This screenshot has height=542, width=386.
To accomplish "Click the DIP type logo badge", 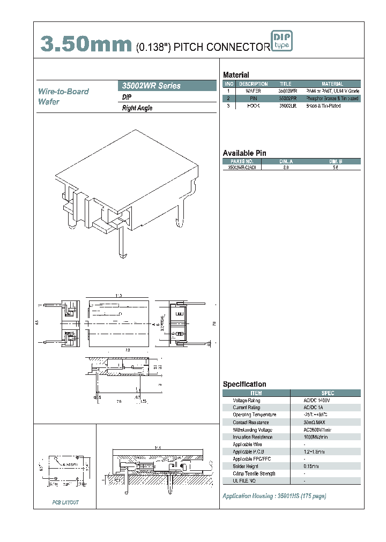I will tap(282, 41).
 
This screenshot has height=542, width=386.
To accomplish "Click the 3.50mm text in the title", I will tap(86, 45).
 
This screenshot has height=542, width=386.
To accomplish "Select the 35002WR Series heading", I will tap(152, 86).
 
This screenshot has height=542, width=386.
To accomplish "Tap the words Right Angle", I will tap(137, 108).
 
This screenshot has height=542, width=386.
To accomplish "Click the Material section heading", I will tap(236, 75).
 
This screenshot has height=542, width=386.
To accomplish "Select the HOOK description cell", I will tap(253, 106).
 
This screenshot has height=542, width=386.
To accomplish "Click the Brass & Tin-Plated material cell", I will tap(323, 106).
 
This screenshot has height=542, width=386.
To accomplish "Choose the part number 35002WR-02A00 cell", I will tap(242, 168).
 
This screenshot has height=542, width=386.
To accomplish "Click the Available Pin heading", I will tap(244, 153).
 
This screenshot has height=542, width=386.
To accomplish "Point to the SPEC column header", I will tap(328, 393).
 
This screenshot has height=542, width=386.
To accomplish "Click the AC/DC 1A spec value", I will tap(313, 408).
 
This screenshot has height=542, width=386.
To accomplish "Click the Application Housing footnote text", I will tap(274, 496).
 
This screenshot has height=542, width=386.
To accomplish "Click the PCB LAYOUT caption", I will tap(65, 502).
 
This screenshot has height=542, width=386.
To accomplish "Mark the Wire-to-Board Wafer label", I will tap(63, 96).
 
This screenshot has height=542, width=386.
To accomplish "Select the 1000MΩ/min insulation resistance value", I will tap(316, 437).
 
